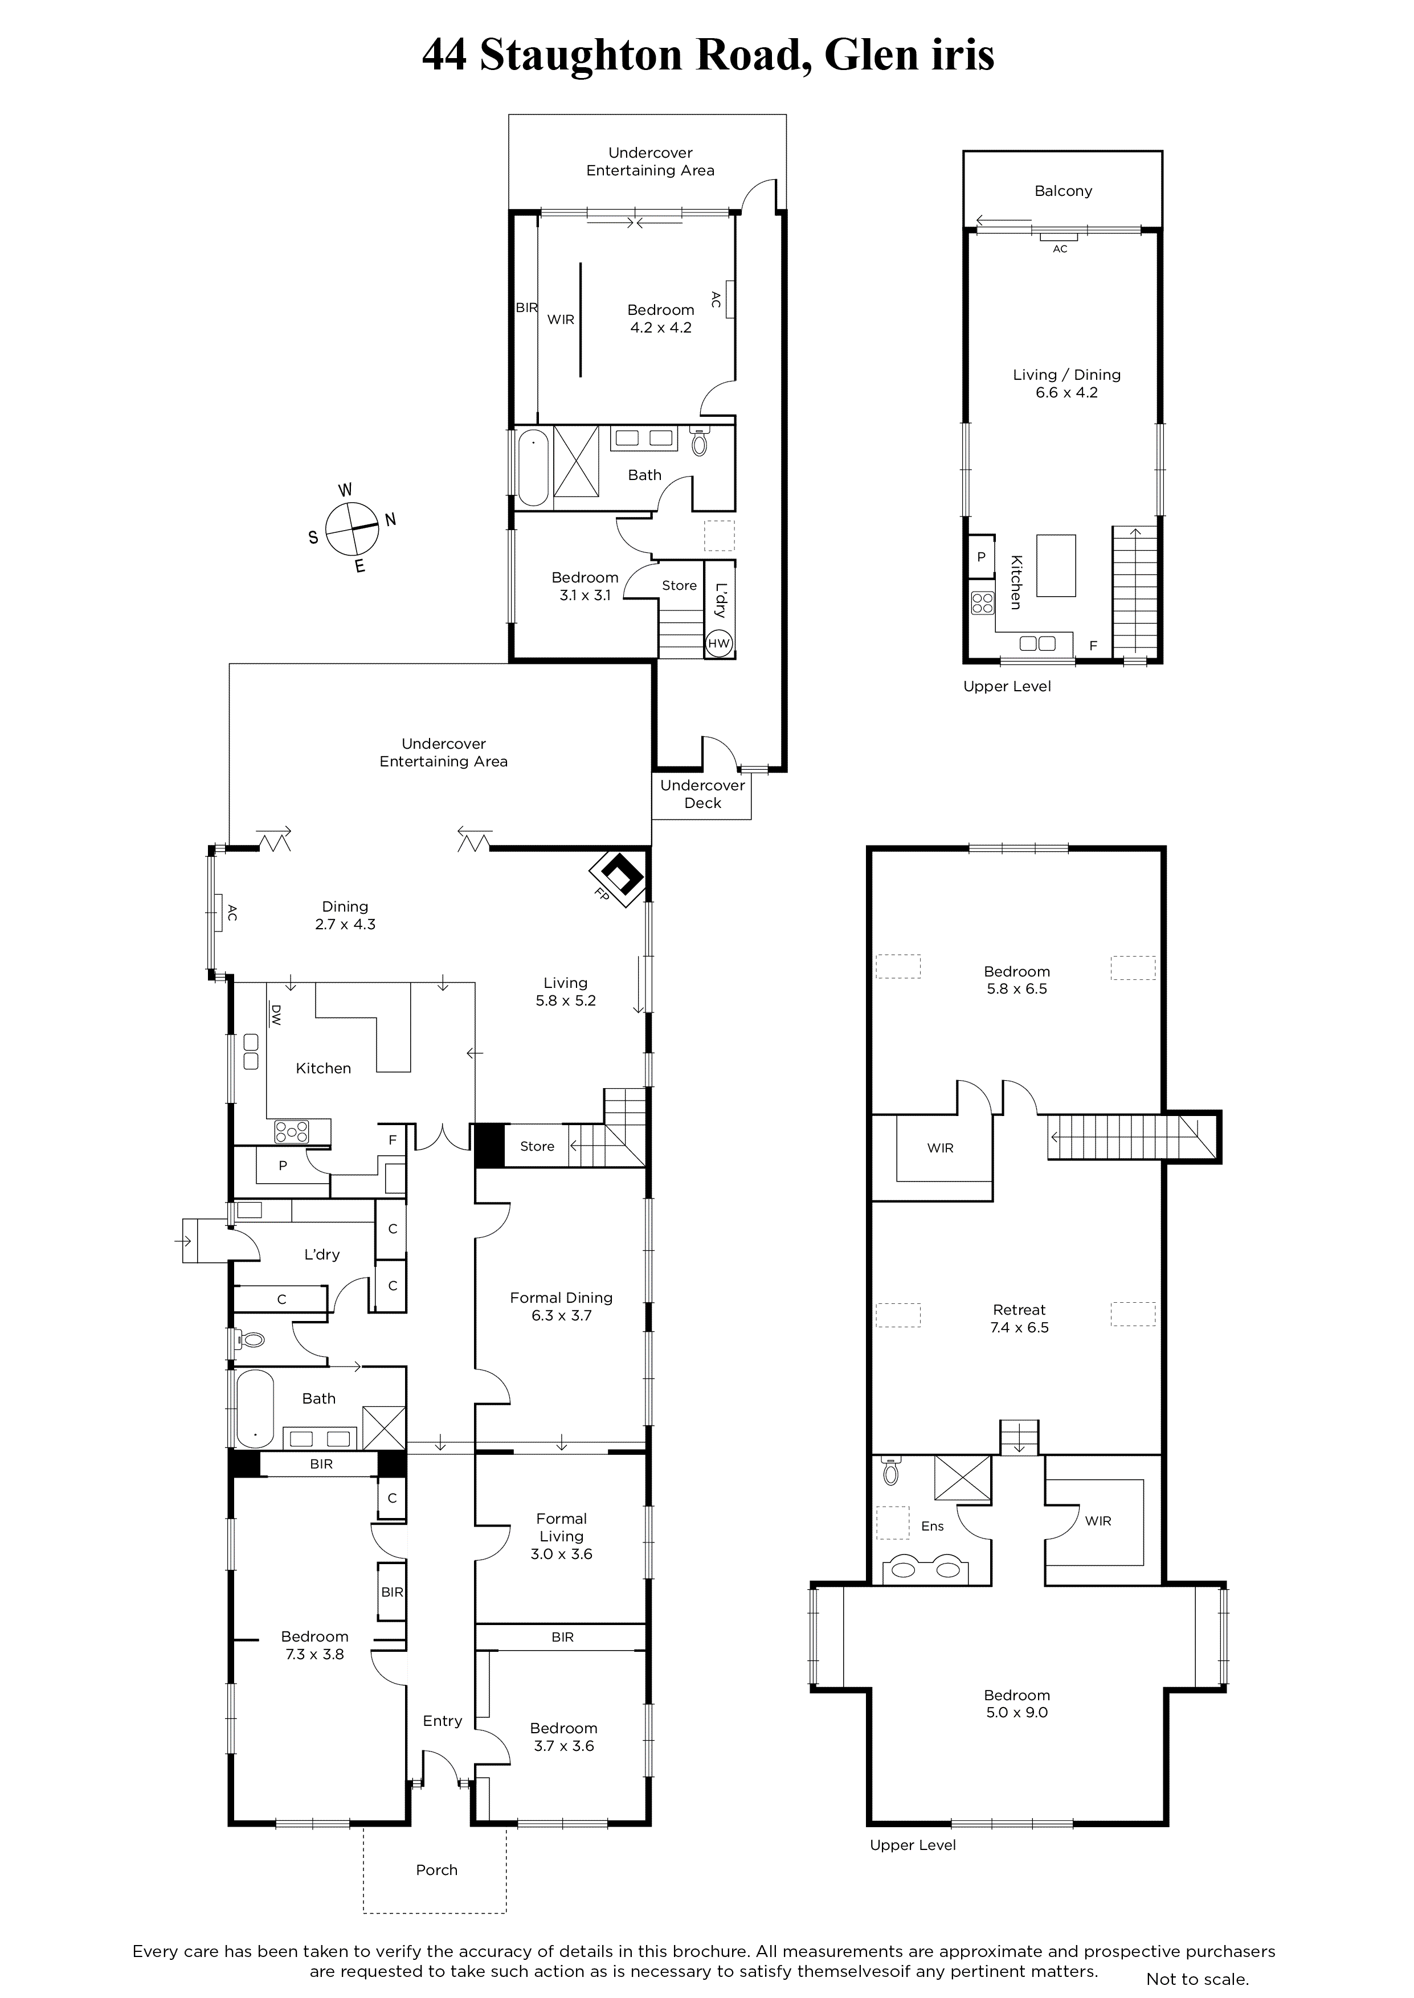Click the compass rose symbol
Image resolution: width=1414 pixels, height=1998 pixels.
click(353, 529)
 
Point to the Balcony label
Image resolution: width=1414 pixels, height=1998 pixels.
click(1063, 191)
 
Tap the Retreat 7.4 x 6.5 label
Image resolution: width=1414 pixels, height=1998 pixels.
click(1019, 1318)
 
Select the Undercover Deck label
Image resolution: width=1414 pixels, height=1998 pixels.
click(702, 794)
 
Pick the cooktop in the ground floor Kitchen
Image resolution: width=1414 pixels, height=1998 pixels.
click(292, 1131)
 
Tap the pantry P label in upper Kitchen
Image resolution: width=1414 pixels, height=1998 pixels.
click(981, 557)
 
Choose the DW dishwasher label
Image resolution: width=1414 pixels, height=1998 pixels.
click(276, 1015)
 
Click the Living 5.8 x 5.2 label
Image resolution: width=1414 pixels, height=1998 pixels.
click(566, 991)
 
